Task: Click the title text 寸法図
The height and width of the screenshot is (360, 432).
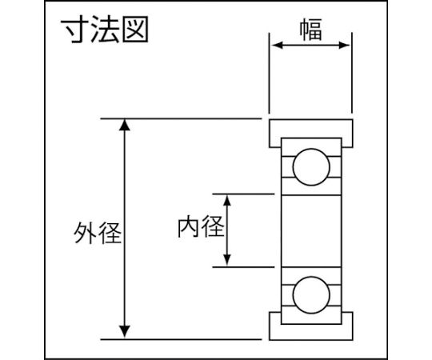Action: point(105,29)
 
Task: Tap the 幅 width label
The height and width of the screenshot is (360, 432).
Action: point(310,30)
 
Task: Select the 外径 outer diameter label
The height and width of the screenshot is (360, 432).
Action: point(98,233)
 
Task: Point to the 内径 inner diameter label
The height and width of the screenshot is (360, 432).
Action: point(201,227)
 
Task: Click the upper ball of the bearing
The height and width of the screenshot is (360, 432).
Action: point(311,167)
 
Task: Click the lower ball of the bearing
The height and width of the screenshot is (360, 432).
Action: point(311,295)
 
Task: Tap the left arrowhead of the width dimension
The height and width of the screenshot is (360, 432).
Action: point(277,45)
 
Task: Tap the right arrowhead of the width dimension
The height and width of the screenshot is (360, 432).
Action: point(344,45)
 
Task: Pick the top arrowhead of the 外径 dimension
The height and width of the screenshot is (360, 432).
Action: point(125,125)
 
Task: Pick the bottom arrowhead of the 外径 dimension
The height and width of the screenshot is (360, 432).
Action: point(125,331)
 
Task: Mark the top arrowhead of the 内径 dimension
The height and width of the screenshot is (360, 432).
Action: point(226,200)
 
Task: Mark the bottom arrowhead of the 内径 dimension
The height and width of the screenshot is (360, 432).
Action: point(226,261)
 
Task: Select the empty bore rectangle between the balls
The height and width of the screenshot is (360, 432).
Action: point(311,231)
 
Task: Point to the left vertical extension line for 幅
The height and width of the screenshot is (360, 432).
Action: point(269,73)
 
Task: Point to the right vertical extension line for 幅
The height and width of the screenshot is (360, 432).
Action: point(352,73)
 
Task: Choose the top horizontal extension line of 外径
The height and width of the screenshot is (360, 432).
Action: point(181,118)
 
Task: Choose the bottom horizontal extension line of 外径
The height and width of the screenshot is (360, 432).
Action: point(181,339)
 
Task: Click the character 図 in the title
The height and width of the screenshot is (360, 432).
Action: point(135,29)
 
